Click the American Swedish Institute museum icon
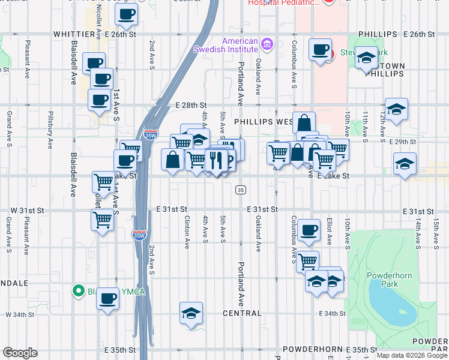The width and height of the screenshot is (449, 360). pyautogui.click(x=267, y=44)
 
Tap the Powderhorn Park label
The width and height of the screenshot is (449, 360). pyautogui.click(x=383, y=280)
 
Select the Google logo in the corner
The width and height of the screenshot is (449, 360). pyautogui.click(x=20, y=353)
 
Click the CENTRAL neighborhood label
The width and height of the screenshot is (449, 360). pyautogui.click(x=242, y=313)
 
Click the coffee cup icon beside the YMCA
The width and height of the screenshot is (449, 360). pyautogui.click(x=108, y=298)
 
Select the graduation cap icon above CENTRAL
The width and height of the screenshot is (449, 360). pyautogui.click(x=191, y=313)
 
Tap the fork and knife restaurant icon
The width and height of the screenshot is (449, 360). pyautogui.click(x=215, y=160)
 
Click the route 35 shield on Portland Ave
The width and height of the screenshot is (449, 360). pyautogui.click(x=241, y=190)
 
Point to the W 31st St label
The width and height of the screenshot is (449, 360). pyautogui.click(x=28, y=211)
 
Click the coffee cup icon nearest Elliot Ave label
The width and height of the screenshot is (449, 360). pyautogui.click(x=309, y=230)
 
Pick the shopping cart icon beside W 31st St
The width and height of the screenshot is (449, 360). pyautogui.click(x=102, y=219)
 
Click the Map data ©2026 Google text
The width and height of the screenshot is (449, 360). pyautogui.click(x=411, y=355)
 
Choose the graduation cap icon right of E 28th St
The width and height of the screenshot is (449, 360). pyautogui.click(x=396, y=109)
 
